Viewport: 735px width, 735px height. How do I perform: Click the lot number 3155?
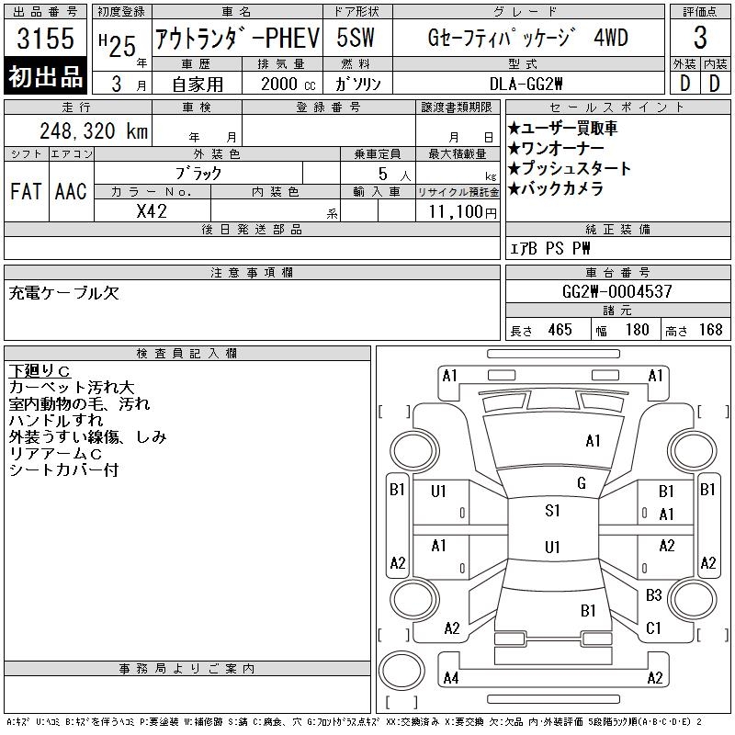click(45, 39)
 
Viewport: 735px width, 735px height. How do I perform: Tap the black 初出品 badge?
click(45, 76)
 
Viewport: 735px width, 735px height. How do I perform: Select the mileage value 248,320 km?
click(94, 130)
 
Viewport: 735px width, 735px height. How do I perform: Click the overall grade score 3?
click(700, 38)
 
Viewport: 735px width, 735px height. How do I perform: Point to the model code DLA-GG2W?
click(526, 84)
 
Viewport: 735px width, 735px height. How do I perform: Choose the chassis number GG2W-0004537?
click(617, 291)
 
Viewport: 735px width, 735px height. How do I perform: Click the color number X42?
click(152, 211)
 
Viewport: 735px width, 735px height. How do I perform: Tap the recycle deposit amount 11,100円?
click(463, 212)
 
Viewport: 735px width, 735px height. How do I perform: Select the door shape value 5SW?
click(356, 38)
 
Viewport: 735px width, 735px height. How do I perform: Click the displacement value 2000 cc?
click(288, 84)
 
